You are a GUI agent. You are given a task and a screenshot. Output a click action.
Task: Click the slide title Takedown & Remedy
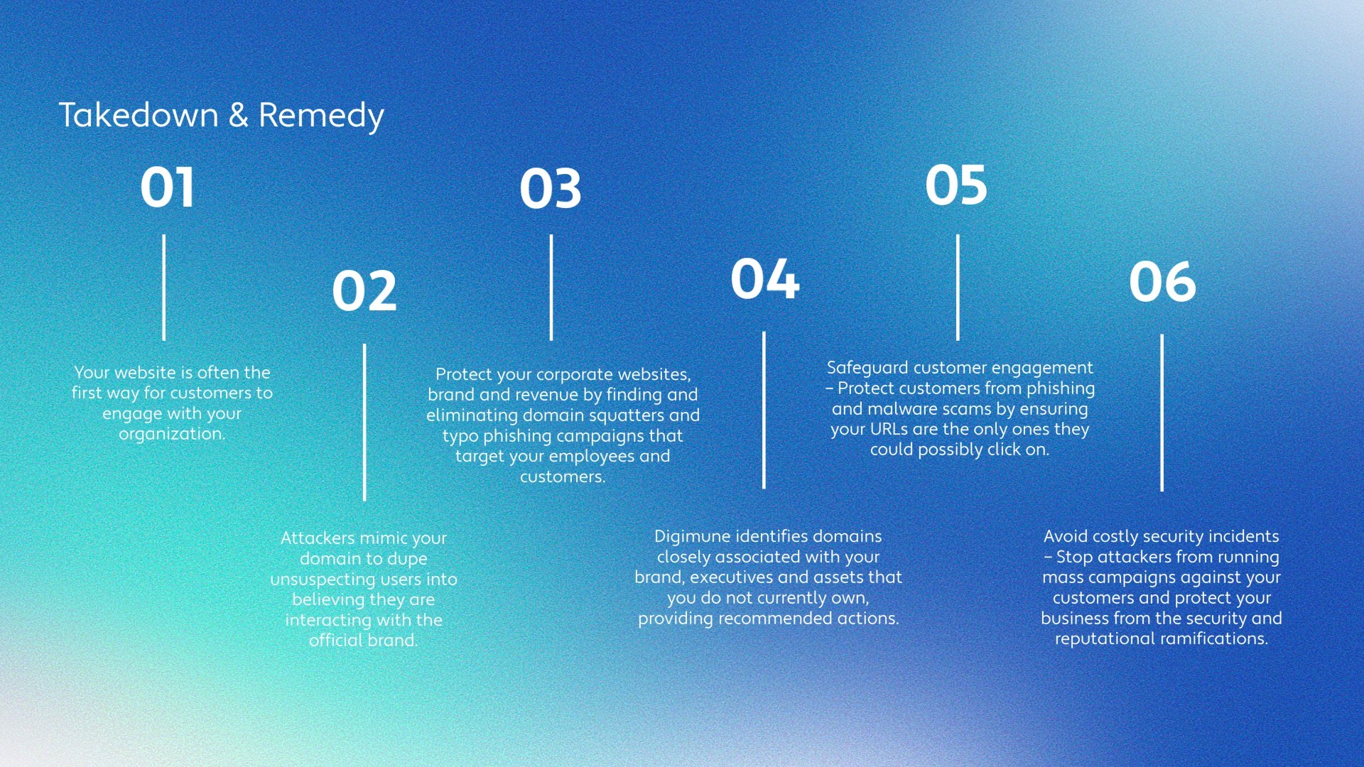point(221,116)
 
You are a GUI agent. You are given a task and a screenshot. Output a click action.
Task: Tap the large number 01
point(167,187)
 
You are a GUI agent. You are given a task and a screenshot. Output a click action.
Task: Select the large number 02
point(364,290)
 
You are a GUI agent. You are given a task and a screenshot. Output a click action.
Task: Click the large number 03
point(551,189)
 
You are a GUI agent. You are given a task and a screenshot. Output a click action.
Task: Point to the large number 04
point(765,278)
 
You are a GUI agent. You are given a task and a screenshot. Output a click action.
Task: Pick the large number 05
point(956,185)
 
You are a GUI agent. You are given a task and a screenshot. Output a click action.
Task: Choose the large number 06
point(1163,282)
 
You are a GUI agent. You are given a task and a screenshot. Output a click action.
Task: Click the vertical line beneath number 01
point(164,288)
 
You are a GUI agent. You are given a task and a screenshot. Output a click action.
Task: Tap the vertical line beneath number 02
point(364,423)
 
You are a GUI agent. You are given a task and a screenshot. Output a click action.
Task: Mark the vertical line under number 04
point(764,410)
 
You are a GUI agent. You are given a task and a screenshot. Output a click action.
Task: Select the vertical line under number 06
point(1162,413)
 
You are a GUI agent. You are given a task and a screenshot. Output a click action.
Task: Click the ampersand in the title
point(239,115)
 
